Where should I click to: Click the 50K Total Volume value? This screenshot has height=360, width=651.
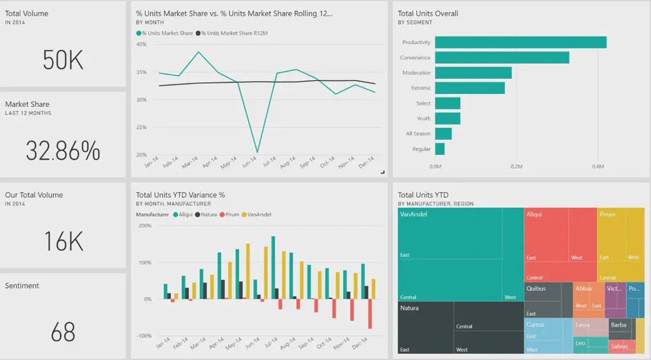point(63,60)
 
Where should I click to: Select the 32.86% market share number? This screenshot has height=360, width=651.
point(63,151)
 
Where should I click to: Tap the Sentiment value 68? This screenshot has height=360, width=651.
point(63,332)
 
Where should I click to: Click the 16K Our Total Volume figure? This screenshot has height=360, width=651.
point(63,242)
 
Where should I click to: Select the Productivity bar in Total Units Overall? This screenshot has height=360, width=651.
point(521,43)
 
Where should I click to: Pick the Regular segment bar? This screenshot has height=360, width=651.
point(440,149)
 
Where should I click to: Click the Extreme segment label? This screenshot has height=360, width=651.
point(420,88)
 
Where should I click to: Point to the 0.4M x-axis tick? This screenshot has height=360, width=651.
point(598,167)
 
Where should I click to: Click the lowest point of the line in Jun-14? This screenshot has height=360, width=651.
point(257,152)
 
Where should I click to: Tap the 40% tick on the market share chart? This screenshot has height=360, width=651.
point(141,45)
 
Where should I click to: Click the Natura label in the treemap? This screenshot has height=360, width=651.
point(409,308)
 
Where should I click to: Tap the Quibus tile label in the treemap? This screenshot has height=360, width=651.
point(536,289)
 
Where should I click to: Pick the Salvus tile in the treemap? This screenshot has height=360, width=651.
point(618,347)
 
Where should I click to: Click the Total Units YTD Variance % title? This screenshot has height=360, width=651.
point(181,195)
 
